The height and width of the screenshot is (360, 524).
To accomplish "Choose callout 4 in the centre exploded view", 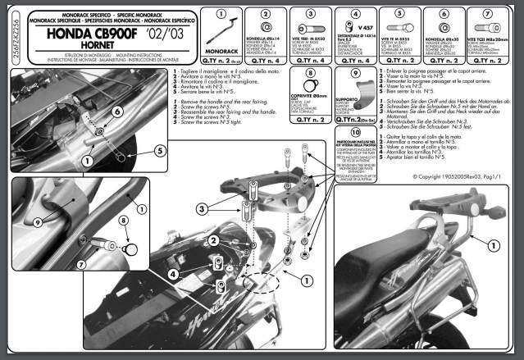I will click(175, 271).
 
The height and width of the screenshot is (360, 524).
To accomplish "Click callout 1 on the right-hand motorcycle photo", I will click(493, 245).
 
